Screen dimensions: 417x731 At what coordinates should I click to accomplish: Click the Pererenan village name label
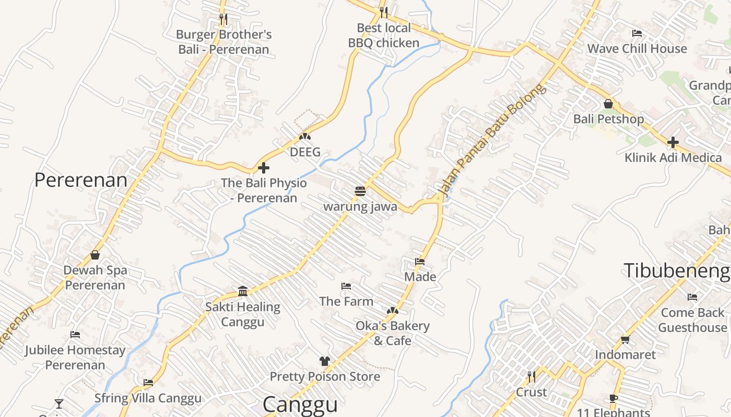coord(81,180)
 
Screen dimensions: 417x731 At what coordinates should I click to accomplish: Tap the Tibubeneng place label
coord(677,271)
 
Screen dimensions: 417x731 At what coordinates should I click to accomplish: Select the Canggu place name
coord(300,404)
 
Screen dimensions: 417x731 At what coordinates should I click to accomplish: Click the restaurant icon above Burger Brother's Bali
coord(223,19)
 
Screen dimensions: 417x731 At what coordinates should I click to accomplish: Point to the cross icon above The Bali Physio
coord(264,168)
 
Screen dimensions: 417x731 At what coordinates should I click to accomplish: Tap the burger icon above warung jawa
coord(360,191)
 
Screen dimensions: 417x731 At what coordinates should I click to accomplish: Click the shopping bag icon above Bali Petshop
coord(608,104)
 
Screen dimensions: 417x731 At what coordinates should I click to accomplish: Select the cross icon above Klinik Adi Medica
coord(673,142)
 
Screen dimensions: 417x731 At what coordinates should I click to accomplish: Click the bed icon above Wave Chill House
coord(637,33)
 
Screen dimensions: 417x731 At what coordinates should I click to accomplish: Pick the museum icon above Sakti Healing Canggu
coord(243,291)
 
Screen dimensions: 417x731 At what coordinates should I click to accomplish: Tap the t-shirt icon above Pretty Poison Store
coord(325,361)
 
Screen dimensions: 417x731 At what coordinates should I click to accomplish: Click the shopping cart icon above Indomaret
coord(626,340)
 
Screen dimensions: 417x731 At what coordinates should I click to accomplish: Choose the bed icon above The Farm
coord(346,286)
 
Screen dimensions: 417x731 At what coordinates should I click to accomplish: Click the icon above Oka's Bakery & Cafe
coord(393,311)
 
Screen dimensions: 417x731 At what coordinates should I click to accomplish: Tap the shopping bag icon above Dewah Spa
coord(95,255)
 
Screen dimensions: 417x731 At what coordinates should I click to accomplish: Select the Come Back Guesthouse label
coord(692,320)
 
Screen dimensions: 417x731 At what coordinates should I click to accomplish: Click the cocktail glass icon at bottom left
coord(59,403)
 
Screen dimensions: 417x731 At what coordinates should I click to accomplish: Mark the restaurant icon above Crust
coord(531,376)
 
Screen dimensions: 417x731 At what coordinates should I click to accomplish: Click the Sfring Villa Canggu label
coord(148,398)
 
